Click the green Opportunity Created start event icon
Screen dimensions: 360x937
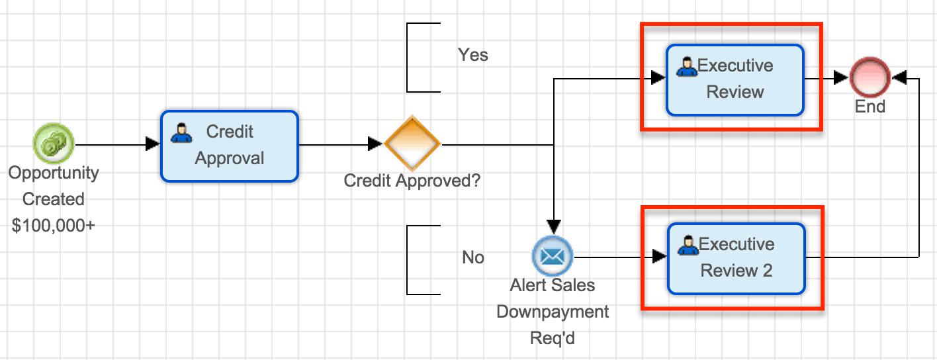point(54,144)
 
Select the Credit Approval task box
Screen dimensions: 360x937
point(229,146)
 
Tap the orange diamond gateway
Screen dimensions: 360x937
point(412,144)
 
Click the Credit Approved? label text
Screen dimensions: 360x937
point(412,180)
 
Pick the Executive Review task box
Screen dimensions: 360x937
point(735,79)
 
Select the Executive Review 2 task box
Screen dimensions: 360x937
point(736,258)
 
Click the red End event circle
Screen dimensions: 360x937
point(870,78)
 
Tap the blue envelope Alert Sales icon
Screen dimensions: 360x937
point(553,256)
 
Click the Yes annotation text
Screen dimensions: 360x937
point(473,55)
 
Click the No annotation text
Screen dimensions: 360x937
point(473,257)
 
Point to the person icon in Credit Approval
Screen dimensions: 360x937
point(181,134)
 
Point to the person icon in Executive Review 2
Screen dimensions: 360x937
point(688,245)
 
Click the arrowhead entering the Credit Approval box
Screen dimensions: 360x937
point(153,144)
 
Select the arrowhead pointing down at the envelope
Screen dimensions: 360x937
point(553,227)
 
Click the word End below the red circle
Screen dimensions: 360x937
point(870,107)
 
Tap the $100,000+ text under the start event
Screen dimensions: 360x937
point(54,226)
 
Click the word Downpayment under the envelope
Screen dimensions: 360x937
point(553,312)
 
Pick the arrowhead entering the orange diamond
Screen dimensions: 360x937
point(377,144)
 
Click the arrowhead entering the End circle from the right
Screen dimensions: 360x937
point(899,78)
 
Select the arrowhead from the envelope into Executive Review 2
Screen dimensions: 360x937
point(659,257)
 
